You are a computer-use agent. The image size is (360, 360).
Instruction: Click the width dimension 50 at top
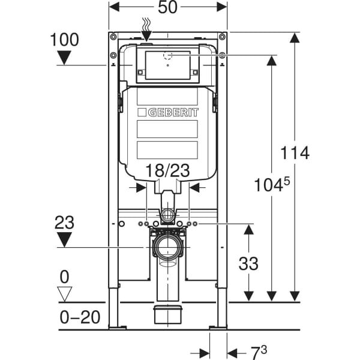pos(168,8)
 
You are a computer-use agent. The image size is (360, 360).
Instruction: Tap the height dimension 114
pos(295,153)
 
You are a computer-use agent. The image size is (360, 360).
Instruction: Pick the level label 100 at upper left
pos(64,40)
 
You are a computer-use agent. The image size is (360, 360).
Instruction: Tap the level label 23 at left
pos(64,222)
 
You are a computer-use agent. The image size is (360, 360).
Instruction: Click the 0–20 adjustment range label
pos(80,317)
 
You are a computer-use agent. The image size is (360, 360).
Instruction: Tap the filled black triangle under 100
pos(64,58)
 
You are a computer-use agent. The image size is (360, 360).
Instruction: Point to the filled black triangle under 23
pos(64,239)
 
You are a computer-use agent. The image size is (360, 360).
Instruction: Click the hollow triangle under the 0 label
pos(64,293)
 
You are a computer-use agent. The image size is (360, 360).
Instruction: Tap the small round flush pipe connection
pos(168,215)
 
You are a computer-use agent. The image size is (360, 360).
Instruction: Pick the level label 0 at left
pos(64,277)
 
